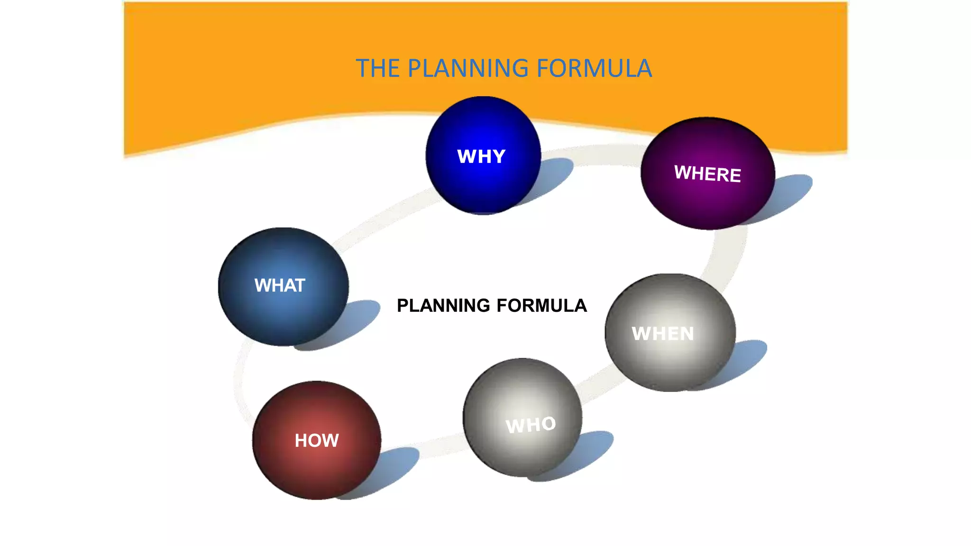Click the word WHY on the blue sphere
click(481, 156)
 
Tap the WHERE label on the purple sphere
click(707, 173)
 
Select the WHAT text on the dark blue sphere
click(280, 285)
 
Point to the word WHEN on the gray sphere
click(663, 334)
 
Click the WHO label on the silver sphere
click(531, 425)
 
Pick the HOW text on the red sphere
click(317, 441)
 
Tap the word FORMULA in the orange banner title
click(595, 68)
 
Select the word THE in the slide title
click(378, 68)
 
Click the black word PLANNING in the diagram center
click(443, 306)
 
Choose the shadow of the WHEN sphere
click(747, 360)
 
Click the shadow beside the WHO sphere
click(593, 450)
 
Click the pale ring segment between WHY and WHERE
click(602, 155)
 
